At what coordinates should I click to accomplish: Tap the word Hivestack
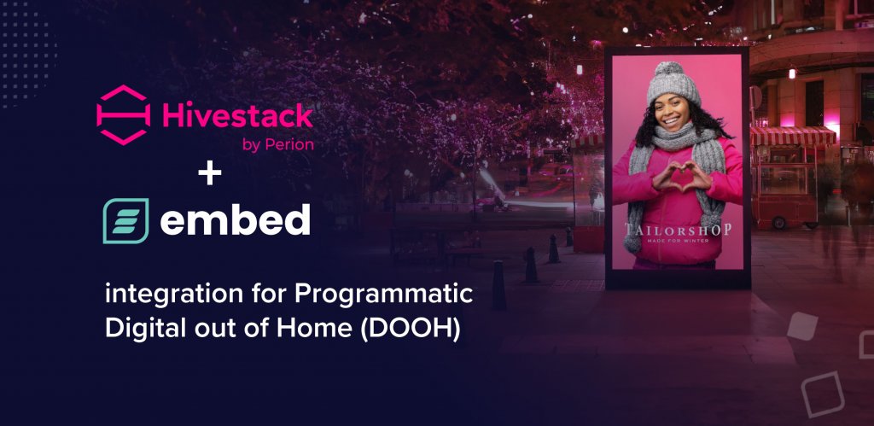[x=236, y=115]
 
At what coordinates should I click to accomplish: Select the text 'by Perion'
[x=277, y=145]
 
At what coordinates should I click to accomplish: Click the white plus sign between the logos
[x=209, y=174]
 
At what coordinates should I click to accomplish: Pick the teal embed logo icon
[x=126, y=220]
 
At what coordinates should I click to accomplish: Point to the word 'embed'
[x=235, y=219]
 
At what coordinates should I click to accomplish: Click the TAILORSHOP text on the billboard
[x=678, y=231]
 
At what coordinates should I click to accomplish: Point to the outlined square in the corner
[x=824, y=393]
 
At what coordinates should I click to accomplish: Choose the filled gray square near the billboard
[x=802, y=326]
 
